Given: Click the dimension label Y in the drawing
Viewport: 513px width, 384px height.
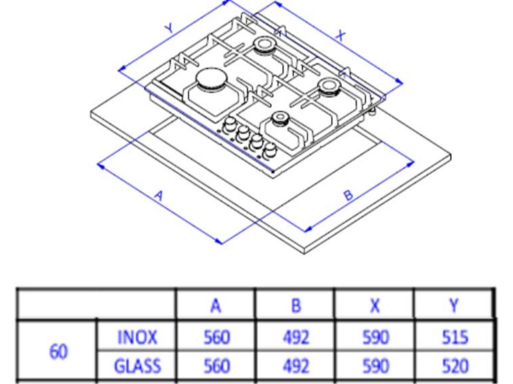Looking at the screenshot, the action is point(169,28).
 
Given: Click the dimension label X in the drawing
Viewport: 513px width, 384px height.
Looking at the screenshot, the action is point(341,35).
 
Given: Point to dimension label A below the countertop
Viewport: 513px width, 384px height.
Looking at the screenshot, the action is point(158,196).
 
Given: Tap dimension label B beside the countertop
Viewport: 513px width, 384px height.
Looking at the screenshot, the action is point(349,195).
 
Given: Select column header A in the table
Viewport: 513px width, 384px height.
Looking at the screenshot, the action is point(215,306).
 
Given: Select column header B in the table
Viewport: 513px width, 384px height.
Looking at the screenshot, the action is point(296,306).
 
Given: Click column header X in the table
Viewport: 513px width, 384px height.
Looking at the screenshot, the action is point(375,306).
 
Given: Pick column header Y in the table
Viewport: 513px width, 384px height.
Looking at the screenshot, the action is point(454,306).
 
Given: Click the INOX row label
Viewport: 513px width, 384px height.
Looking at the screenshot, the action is point(137,337).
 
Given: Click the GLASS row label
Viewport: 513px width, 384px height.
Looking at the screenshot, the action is point(137,365).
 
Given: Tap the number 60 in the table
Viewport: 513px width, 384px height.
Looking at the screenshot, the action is point(59,352).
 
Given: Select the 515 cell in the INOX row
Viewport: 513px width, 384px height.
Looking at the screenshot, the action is point(455,337).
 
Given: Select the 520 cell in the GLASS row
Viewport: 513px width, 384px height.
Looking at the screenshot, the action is point(455,365).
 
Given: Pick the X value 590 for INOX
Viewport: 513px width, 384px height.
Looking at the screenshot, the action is point(376,337).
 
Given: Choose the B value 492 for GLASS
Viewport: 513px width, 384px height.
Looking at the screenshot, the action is point(296,365).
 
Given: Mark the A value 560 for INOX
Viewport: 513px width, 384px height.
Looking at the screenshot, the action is point(217,337).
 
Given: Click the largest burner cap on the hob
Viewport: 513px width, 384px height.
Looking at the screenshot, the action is point(212,79).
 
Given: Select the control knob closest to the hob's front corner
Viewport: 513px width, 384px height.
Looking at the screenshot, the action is point(270,150).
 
